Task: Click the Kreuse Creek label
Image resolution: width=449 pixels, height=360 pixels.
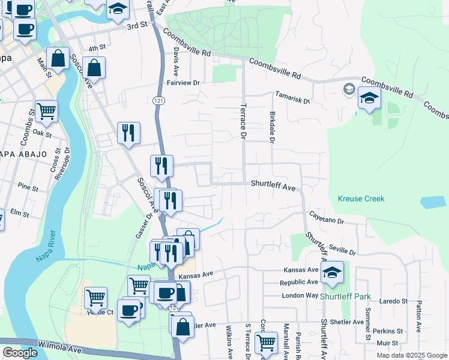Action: [360, 199]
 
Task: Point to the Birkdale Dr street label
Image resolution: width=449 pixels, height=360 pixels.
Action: [271, 127]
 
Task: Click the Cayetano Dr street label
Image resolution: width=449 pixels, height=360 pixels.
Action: [327, 217]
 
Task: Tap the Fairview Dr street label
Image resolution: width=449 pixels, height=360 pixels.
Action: [182, 82]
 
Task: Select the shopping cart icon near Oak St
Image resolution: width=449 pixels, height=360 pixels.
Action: [46, 110]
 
